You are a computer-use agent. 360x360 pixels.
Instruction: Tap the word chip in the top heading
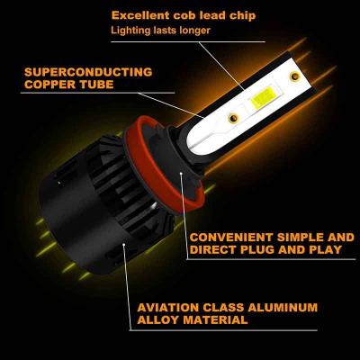243,16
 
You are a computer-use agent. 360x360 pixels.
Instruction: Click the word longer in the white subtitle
194,31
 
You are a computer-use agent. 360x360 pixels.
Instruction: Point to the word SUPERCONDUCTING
88,72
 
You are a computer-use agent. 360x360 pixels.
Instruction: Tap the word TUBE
96,85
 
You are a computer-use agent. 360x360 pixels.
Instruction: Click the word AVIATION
168,308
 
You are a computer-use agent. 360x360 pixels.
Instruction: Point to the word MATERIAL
215,319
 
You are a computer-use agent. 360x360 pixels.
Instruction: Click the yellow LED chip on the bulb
262,99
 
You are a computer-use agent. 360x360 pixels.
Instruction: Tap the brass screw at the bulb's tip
294,76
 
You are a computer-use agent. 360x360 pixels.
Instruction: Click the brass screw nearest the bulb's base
233,118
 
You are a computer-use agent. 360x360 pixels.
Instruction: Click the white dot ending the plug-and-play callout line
181,173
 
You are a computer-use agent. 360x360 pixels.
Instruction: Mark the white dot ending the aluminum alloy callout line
124,246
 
